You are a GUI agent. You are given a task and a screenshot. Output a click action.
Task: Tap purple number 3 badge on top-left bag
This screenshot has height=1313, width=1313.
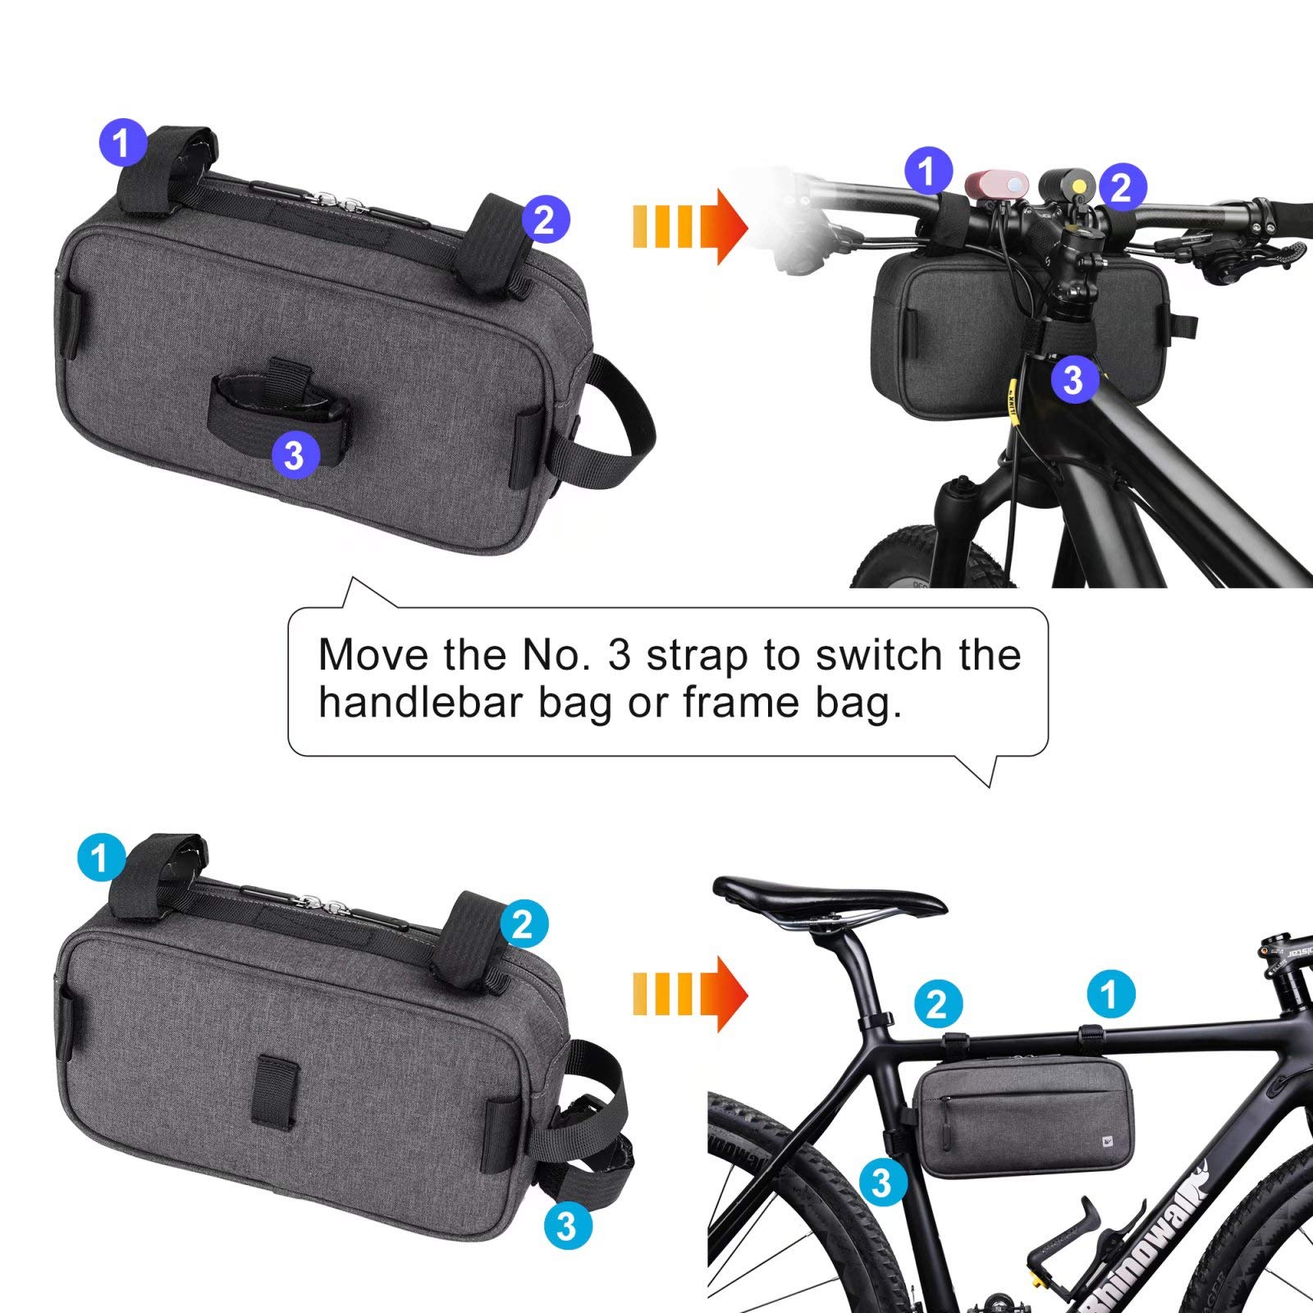295,454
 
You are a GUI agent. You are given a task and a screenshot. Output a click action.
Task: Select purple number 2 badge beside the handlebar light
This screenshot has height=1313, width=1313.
1121,187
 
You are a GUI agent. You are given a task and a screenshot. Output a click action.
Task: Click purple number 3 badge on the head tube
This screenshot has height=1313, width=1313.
1073,379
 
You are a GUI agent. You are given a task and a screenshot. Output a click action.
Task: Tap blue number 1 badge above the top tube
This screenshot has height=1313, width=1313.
1109,995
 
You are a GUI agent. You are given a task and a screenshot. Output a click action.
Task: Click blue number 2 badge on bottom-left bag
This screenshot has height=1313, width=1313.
523,925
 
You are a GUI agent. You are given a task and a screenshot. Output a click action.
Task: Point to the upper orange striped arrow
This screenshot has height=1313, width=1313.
689,226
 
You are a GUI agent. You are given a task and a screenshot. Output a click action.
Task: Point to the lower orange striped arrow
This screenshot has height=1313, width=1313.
689,993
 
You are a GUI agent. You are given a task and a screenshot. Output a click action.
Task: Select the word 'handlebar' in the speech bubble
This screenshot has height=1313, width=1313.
421,703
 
